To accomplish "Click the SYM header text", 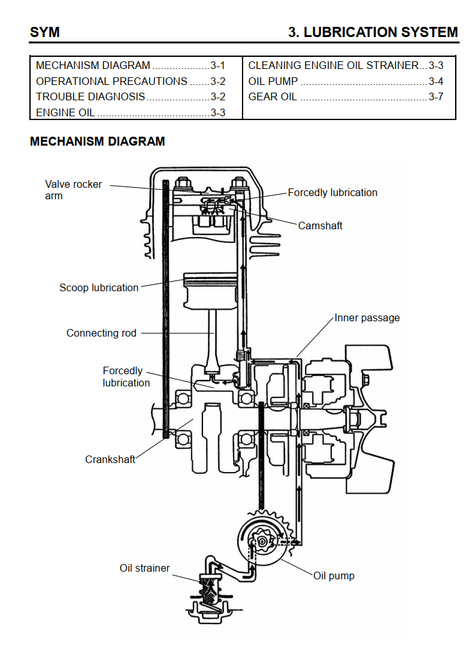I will tap(45, 32).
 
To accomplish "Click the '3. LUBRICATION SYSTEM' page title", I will tap(373, 32).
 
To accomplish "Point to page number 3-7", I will tap(436, 97).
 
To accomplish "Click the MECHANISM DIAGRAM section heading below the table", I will tap(97, 142).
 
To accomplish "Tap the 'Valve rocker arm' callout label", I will tap(73, 190).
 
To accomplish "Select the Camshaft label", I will tap(320, 225).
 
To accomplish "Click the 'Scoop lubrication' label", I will tap(99, 287).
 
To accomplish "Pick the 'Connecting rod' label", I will tap(101, 333).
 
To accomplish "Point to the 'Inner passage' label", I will tap(367, 317).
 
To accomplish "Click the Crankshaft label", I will tap(110, 459).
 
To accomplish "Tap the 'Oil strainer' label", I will tap(145, 568).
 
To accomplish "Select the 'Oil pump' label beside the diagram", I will tap(334, 575).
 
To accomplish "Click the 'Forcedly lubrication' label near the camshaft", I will tap(332, 192).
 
